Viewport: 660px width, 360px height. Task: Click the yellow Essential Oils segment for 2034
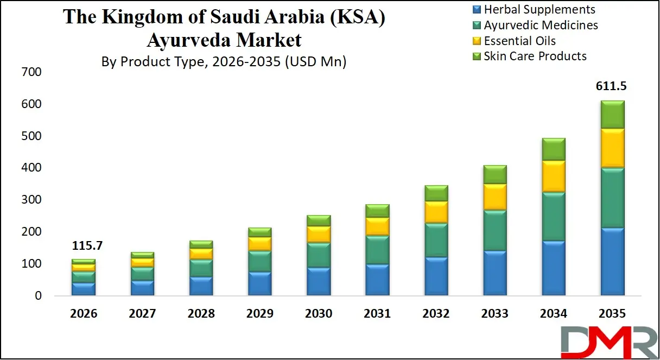coord(554,176)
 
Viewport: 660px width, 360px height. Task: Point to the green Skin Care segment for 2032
coord(436,193)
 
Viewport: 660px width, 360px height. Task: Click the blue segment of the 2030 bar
coord(319,281)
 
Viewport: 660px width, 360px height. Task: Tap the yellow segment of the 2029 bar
coord(260,243)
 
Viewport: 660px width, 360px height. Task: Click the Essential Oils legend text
coord(519,41)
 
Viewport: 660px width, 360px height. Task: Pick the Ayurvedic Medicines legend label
coord(541,25)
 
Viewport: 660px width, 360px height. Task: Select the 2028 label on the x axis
coord(201,314)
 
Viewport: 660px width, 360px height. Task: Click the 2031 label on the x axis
coord(377,314)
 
